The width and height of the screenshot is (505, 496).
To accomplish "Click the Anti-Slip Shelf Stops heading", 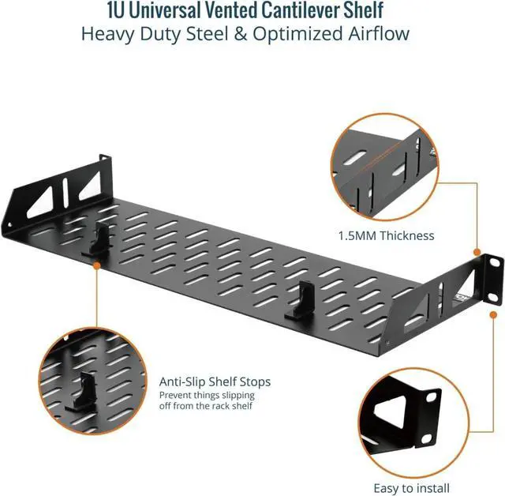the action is (215, 381).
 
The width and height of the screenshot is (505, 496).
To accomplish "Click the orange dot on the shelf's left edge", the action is (96, 267).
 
